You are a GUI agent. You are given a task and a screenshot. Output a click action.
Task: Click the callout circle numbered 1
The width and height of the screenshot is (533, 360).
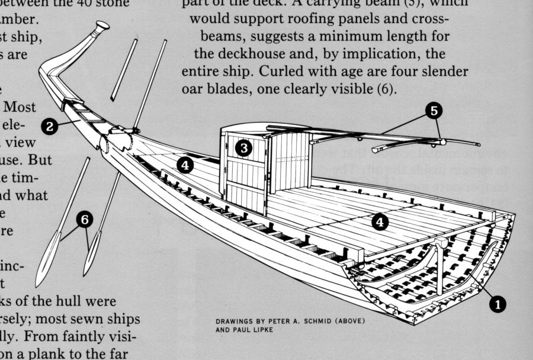pyautogui.click(x=498, y=304)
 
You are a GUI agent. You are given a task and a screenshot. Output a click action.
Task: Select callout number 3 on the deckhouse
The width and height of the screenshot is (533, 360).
pyautogui.click(x=242, y=148)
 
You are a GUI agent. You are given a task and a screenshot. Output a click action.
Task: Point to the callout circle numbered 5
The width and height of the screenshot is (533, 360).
pyautogui.click(x=435, y=111)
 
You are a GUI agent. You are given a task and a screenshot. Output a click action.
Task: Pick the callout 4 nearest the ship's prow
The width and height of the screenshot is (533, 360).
pyautogui.click(x=185, y=166)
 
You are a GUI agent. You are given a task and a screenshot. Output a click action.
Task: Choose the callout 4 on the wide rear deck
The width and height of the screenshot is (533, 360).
pyautogui.click(x=380, y=221)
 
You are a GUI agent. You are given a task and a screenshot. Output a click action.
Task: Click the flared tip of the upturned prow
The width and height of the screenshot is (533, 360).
pyautogui.click(x=102, y=25)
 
